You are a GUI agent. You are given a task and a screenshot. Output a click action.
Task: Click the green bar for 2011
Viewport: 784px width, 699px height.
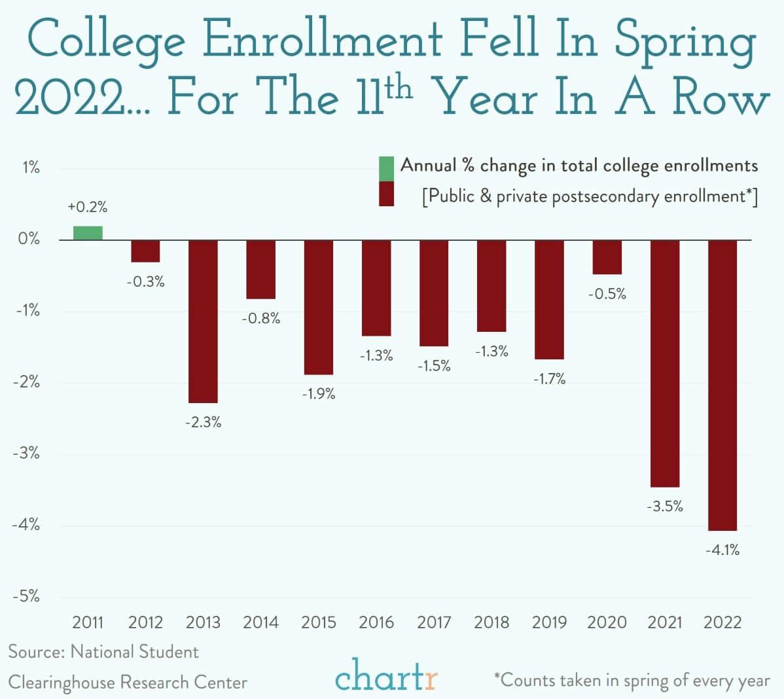click(x=88, y=233)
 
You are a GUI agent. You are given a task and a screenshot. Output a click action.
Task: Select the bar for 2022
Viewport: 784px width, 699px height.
click(x=722, y=385)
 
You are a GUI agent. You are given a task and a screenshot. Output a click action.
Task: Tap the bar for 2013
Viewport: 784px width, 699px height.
click(x=203, y=321)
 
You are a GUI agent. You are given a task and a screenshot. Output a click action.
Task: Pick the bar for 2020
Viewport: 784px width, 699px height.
click(x=607, y=257)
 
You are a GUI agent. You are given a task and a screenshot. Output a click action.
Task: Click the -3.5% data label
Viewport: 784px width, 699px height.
click(x=665, y=506)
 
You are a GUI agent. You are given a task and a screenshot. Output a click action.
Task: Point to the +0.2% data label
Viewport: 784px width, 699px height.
click(x=87, y=207)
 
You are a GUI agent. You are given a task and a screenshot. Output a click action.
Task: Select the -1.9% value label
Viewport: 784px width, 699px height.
click(x=318, y=394)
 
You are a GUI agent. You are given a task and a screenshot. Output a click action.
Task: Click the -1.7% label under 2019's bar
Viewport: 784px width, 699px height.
click(x=549, y=379)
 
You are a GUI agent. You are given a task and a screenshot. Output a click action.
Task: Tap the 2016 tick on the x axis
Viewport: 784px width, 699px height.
click(x=376, y=622)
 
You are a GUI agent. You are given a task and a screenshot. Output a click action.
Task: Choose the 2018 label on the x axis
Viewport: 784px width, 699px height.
click(x=491, y=622)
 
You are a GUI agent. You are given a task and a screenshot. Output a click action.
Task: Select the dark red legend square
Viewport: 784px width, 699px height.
click(x=386, y=194)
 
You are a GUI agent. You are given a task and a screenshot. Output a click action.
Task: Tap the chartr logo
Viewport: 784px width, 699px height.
click(x=386, y=677)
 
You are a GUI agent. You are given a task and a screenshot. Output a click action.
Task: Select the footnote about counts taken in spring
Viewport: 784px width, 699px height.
click(x=632, y=680)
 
